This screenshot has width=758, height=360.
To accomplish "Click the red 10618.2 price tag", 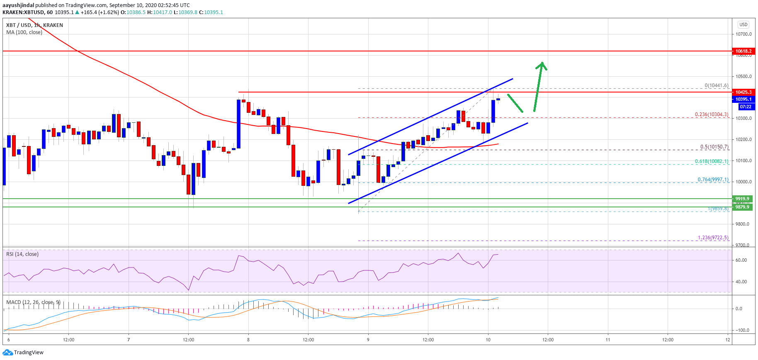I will click(743, 51).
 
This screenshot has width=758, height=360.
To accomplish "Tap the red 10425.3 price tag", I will click(743, 92).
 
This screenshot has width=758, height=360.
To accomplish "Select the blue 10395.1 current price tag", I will click(743, 99).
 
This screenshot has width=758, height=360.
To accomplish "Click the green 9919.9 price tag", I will click(742, 199).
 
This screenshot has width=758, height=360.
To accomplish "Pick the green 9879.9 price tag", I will click(742, 207).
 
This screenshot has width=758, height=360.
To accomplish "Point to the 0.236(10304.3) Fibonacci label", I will click(712, 114).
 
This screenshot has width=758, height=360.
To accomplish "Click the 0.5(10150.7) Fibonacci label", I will click(714, 147).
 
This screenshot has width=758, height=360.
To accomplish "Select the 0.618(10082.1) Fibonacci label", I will click(712, 161).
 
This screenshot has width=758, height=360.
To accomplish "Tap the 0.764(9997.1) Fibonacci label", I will click(713, 180).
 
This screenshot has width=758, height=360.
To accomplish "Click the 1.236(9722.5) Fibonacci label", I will click(713, 238).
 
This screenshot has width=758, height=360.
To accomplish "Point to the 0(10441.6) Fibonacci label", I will click(716, 85).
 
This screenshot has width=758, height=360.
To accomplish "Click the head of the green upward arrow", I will click(542, 65).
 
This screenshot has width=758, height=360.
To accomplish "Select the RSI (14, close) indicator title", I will click(22, 254).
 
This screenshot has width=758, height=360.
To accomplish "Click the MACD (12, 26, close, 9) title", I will click(33, 302).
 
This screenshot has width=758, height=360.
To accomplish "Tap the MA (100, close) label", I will click(24, 32).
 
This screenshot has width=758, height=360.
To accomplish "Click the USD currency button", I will click(743, 24).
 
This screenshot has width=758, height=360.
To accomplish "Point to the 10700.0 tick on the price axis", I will click(743, 34).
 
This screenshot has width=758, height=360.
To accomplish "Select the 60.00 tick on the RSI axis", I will click(741, 260).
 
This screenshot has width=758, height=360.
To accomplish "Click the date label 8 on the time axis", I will click(248, 340).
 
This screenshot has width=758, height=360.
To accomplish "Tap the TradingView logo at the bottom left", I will click(23, 353).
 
